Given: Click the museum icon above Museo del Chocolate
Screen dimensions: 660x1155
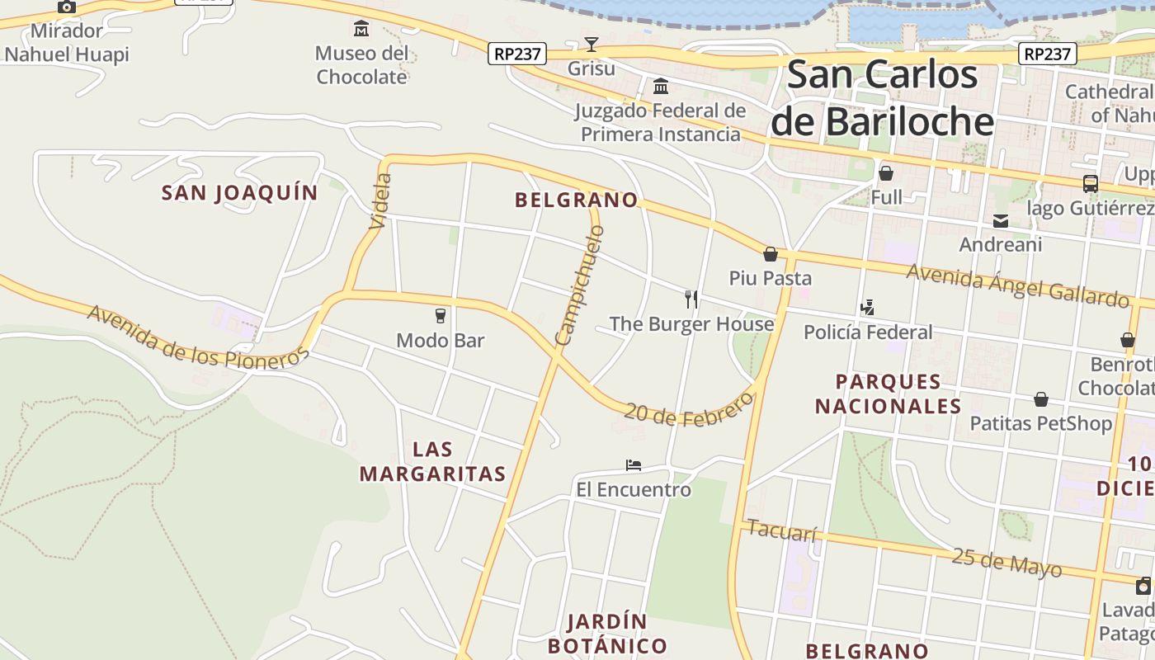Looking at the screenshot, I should (x=361, y=30).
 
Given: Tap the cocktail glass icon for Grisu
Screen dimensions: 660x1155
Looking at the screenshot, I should (x=591, y=44).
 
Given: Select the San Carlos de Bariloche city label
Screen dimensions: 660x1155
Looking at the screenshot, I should (x=882, y=98).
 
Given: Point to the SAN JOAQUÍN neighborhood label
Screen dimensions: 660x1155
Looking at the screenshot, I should (x=239, y=193).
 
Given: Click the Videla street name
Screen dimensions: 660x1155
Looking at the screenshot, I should (x=380, y=200).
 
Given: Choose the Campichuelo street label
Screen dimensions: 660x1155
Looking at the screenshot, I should (x=580, y=285).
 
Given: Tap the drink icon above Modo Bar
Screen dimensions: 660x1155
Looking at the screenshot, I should (x=440, y=315).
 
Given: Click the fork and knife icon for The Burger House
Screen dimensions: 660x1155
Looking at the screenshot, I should (x=691, y=299).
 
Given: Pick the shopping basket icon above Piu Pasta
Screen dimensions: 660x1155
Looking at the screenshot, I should (x=771, y=254).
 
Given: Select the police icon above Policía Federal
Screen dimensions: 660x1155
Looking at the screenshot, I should (x=867, y=308).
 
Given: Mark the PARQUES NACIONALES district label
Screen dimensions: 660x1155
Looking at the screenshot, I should (x=889, y=394).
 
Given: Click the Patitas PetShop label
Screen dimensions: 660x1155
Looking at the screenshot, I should (x=1040, y=424).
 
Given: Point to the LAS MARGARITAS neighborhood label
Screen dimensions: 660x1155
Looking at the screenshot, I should (x=432, y=461).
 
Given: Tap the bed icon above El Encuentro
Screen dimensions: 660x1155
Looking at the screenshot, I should (x=634, y=465).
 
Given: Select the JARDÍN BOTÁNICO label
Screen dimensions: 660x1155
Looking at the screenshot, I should (x=607, y=633).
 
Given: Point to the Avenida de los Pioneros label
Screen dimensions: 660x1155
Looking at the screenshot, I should (x=197, y=337).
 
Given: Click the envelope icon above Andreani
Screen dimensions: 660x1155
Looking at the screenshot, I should (x=1001, y=220).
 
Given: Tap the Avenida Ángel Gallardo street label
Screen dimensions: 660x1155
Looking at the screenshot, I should (x=1017, y=285).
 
